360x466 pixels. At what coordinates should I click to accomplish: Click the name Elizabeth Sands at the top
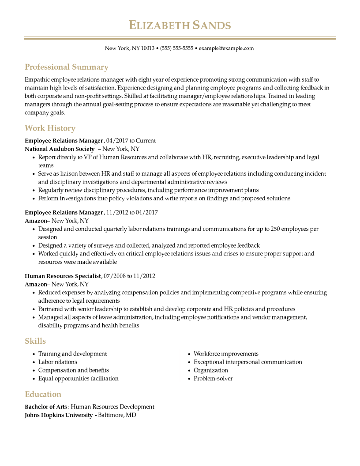pyautogui.click(x=180, y=25)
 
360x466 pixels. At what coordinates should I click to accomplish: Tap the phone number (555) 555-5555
pyautogui.click(x=176, y=49)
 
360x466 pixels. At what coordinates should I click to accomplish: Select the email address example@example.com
pyautogui.click(x=226, y=49)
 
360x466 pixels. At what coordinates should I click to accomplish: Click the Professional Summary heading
pyautogui.click(x=67, y=67)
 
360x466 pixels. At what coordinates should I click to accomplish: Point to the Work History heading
pyautogui.click(x=50, y=128)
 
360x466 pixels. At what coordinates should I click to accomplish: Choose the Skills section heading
pyautogui.click(x=35, y=341)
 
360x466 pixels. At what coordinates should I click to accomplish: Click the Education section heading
pyautogui.click(x=43, y=395)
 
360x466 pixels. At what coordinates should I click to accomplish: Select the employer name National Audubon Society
pyautogui.click(x=60, y=149)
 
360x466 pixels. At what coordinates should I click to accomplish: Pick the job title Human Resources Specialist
pyautogui.click(x=63, y=276)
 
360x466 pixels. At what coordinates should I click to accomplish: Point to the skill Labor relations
pyautogui.click(x=57, y=362)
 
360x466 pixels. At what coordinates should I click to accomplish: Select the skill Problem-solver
pyautogui.click(x=213, y=379)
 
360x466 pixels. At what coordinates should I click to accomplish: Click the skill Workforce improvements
pyautogui.click(x=226, y=354)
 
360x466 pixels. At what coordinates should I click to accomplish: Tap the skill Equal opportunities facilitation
pyautogui.click(x=78, y=379)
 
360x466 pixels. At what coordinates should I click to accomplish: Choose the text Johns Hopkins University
pyautogui.click(x=59, y=415)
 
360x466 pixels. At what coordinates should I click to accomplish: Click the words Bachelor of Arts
pyautogui.click(x=46, y=407)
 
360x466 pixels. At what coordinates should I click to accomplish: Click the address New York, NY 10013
pyautogui.click(x=129, y=49)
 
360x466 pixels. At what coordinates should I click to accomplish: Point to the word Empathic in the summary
pyautogui.click(x=37, y=80)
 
